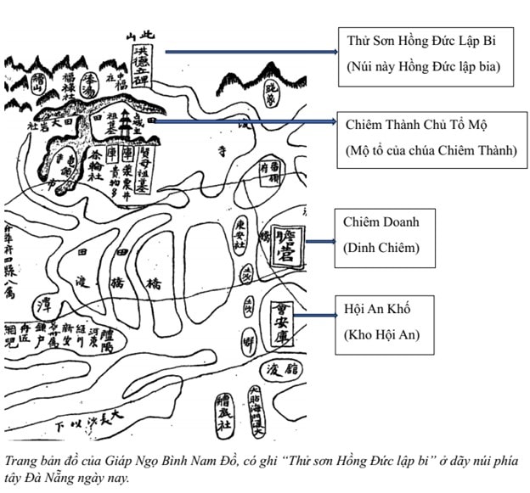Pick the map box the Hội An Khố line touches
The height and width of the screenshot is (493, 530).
click(280, 326)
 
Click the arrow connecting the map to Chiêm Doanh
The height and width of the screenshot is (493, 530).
click(319, 241)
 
